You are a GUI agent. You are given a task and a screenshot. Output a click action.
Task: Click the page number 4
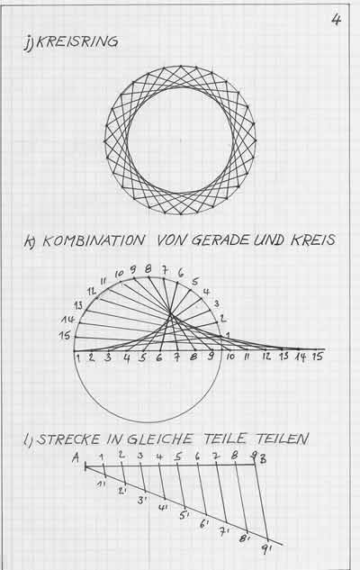[x=336, y=19]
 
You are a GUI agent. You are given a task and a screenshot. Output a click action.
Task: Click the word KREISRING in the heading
[x=76, y=41]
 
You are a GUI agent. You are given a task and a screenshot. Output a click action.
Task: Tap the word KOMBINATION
[x=94, y=240]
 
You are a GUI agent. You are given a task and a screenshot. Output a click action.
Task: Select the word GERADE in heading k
[x=220, y=240]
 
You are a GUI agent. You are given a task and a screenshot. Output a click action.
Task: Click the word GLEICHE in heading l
[x=160, y=439]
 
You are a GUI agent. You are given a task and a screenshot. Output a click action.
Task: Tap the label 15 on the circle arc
[x=65, y=336]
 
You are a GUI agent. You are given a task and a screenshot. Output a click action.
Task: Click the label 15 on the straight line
[x=318, y=357]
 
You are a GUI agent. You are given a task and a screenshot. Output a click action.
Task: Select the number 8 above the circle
[x=148, y=269]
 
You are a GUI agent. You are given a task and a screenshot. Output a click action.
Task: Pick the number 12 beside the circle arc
[x=92, y=291]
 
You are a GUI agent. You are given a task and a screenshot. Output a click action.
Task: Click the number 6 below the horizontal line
[x=159, y=357]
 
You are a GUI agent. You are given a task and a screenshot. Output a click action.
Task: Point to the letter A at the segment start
[x=76, y=457]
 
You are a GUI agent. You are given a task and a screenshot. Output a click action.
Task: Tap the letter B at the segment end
[x=263, y=459]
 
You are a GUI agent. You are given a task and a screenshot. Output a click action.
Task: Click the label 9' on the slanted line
[x=265, y=549]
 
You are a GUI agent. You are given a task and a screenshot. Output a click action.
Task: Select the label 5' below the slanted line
[x=184, y=515]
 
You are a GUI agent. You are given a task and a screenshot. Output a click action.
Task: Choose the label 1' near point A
[x=101, y=484]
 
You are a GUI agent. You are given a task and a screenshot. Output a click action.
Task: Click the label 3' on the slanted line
[x=141, y=500]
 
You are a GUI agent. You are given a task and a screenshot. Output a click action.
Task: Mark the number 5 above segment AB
[x=177, y=457]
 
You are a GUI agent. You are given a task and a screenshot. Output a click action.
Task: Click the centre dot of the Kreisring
[x=180, y=140]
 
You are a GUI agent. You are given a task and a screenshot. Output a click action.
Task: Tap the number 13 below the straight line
[x=283, y=357]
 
